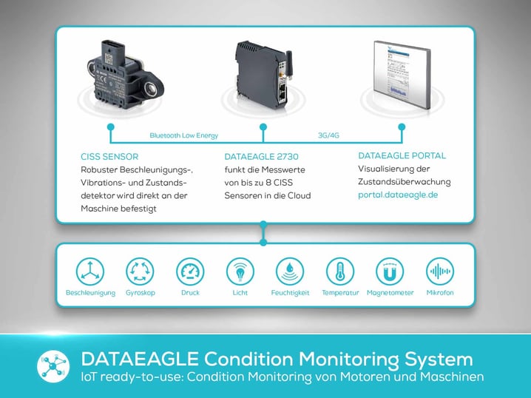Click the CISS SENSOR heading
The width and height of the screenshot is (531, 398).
109,157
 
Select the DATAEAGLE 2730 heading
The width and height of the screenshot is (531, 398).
262,157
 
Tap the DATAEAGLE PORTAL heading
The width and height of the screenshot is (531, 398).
402,156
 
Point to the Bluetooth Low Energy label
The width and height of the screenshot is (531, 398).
183,135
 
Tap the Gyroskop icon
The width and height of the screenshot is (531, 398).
139,271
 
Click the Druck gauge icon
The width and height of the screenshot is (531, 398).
190,271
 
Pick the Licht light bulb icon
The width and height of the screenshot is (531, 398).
239,271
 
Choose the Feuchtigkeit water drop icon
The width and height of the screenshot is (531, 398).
288,271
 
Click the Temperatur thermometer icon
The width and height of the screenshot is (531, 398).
339,271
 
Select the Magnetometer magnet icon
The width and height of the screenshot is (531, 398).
390,271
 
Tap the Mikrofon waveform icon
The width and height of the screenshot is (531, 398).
440,271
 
